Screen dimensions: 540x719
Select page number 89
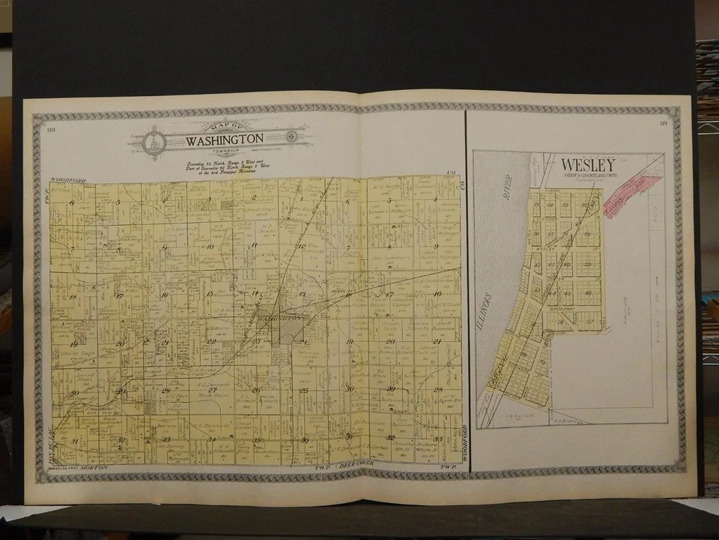click(x=664, y=124)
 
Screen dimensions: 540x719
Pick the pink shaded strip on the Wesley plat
click(x=632, y=194)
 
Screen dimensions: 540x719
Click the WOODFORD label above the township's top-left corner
click(x=67, y=181)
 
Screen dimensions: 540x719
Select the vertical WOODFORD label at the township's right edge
click(x=464, y=442)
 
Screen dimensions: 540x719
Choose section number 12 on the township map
click(x=300, y=246)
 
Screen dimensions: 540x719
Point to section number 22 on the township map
click(x=211, y=342)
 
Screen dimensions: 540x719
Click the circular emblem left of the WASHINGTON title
click(x=154, y=141)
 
